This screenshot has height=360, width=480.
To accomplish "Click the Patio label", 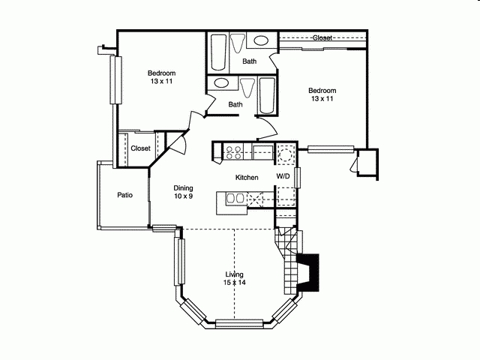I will tap(125, 195).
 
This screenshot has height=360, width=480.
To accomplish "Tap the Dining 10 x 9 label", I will tap(184, 192).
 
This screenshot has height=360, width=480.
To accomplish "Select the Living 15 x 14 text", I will tap(234, 278).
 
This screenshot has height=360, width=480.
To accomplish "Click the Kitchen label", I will tap(247, 178).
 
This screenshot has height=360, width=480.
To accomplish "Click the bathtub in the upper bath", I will tap(220, 52).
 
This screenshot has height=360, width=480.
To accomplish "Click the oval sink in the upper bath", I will tap(262, 41).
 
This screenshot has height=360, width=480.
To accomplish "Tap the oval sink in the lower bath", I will tap(222, 84).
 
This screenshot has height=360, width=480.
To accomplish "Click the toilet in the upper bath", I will tap(238, 43).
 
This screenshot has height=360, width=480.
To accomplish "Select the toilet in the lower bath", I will tap(247, 85).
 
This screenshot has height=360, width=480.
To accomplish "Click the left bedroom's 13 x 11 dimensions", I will tap(161, 81).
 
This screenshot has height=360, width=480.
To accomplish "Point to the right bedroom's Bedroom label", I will tap(322, 90).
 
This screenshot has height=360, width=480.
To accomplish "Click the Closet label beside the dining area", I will tap(140, 148).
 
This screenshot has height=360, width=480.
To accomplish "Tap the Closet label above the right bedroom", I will tap(322, 37).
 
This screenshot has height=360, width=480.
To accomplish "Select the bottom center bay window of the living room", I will tap(235, 324).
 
